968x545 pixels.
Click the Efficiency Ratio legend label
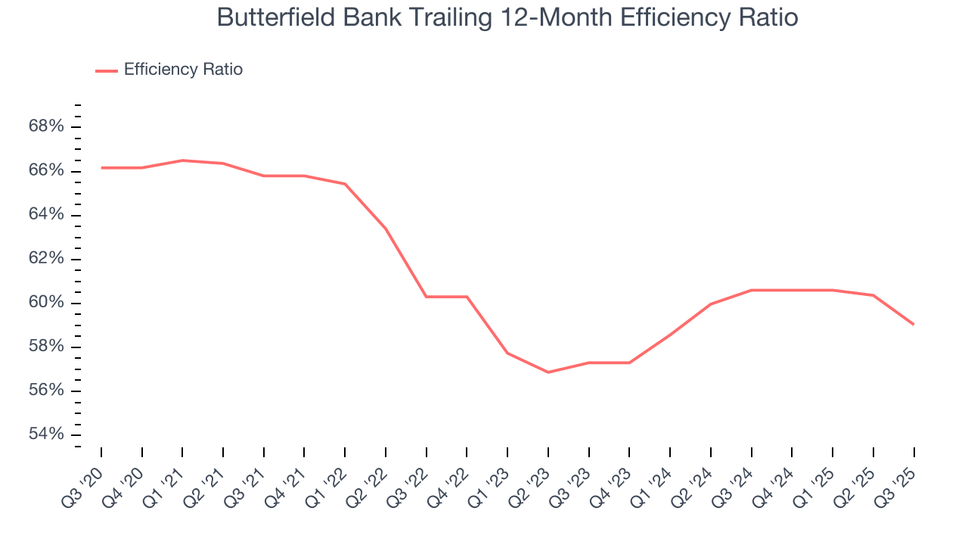pyautogui.click(x=183, y=70)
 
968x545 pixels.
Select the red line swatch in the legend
pyautogui.click(x=107, y=70)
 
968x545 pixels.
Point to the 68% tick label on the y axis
pyautogui.click(x=46, y=126)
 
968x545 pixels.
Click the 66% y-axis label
pyautogui.click(x=46, y=171)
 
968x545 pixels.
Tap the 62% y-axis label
pyautogui.click(x=46, y=259)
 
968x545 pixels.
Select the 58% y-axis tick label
pyautogui.click(x=46, y=347)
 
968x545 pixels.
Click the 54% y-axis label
pyautogui.click(x=46, y=434)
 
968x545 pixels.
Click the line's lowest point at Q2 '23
pyautogui.click(x=548, y=372)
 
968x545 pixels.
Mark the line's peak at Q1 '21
pyautogui.click(x=182, y=160)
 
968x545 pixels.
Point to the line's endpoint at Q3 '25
pyautogui.click(x=914, y=324)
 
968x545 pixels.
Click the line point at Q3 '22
pyautogui.click(x=426, y=297)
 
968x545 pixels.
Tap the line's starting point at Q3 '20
pyautogui.click(x=101, y=167)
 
